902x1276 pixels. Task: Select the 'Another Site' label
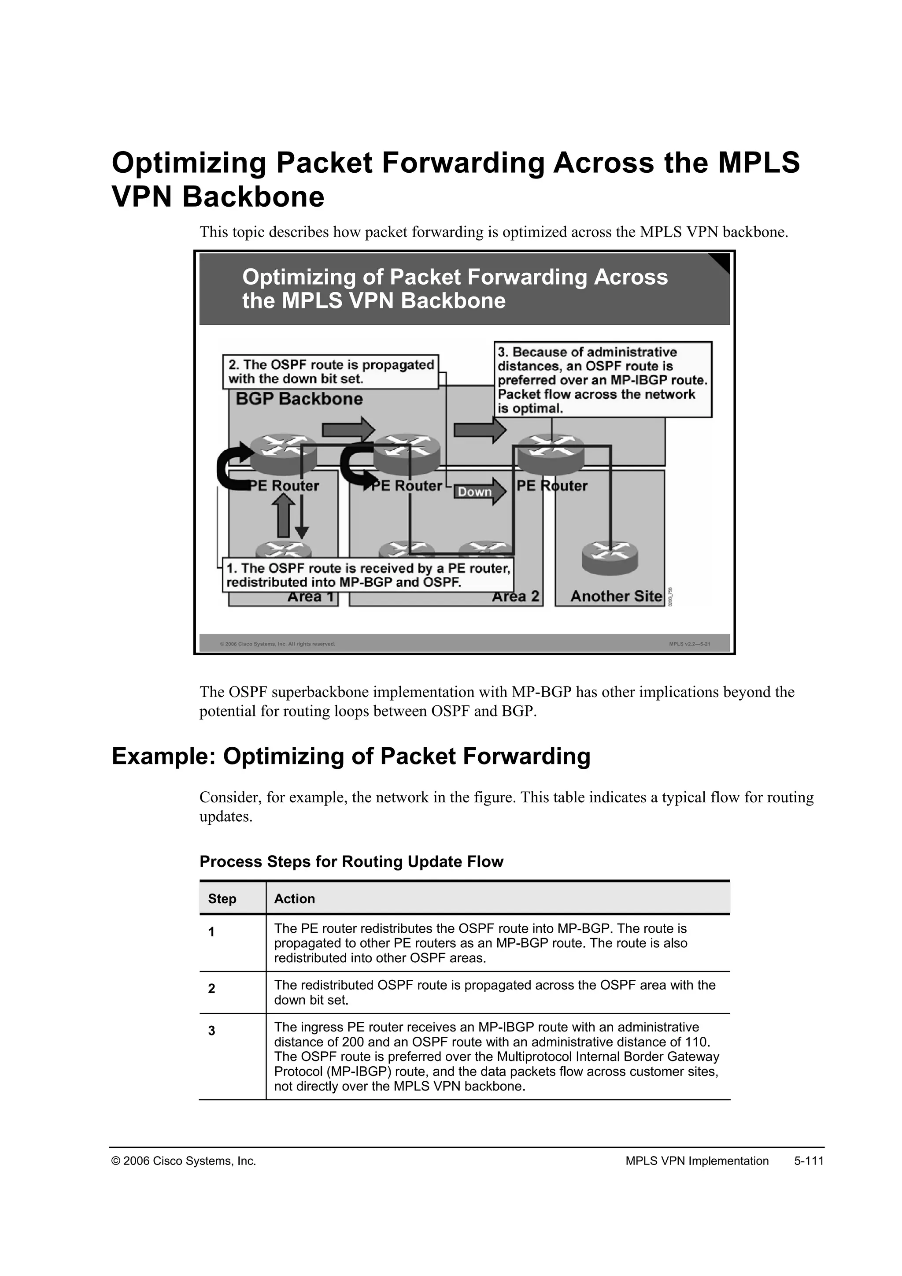click(616, 596)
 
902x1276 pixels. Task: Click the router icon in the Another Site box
click(610, 557)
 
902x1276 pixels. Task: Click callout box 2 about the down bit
click(331, 372)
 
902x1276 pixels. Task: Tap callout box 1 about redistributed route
click(368, 575)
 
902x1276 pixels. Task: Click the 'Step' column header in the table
click(222, 899)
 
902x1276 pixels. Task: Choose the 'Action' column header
click(294, 899)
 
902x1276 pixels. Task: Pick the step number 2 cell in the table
click(211, 989)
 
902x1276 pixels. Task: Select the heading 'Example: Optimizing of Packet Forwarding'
click(351, 757)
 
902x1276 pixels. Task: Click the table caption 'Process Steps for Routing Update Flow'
click(351, 861)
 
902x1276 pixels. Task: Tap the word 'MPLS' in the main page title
click(759, 163)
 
